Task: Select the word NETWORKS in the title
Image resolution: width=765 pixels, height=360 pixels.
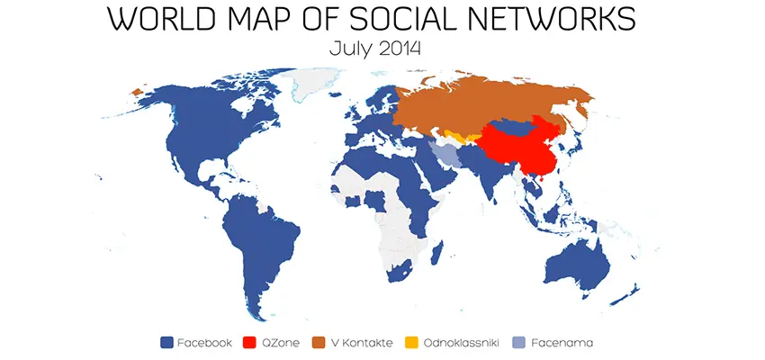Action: click(x=575, y=19)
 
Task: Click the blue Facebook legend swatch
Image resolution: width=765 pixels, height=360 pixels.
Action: click(x=166, y=342)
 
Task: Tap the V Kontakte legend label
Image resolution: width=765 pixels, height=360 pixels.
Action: click(x=362, y=342)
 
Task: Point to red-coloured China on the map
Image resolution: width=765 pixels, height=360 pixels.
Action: click(x=522, y=144)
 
